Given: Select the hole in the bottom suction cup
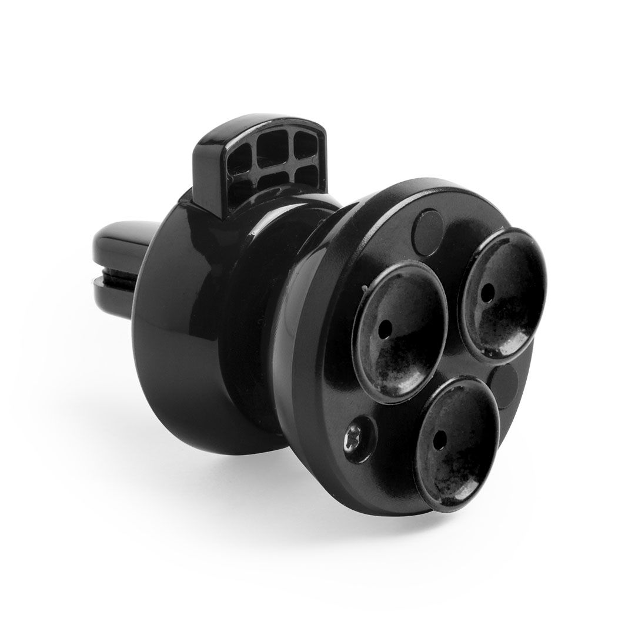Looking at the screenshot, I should click(x=437, y=438).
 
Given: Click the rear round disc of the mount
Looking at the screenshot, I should click(x=171, y=329).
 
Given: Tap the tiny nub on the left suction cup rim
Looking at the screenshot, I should click(x=365, y=288).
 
